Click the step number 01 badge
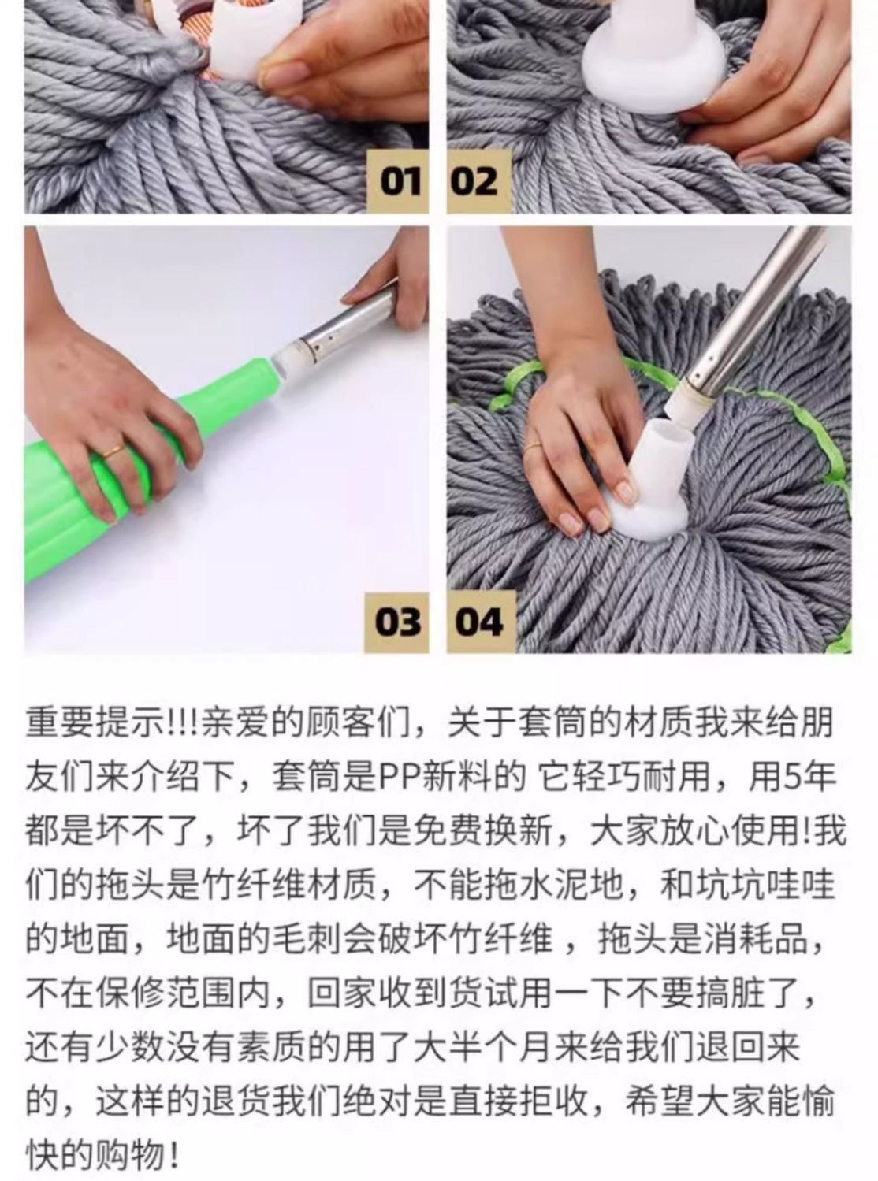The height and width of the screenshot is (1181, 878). (397, 181)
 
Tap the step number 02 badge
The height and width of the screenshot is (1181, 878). (479, 181)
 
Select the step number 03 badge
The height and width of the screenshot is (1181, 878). (396, 622)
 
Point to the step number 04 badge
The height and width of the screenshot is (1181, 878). (481, 622)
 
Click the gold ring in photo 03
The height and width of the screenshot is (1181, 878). (113, 451)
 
